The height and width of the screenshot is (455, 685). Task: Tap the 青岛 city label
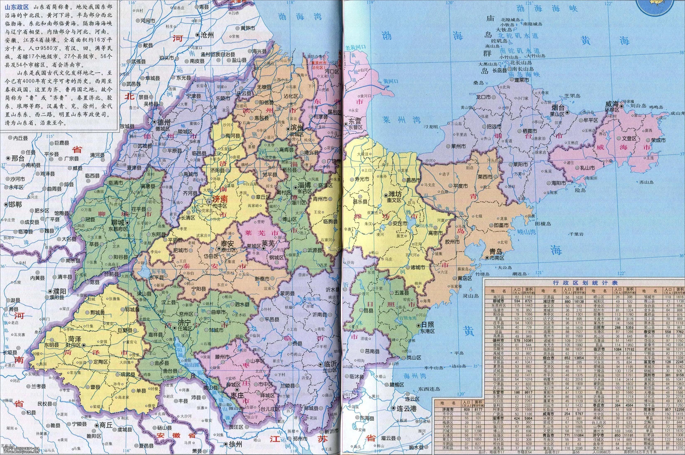495,250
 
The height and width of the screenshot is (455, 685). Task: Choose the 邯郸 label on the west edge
15,204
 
